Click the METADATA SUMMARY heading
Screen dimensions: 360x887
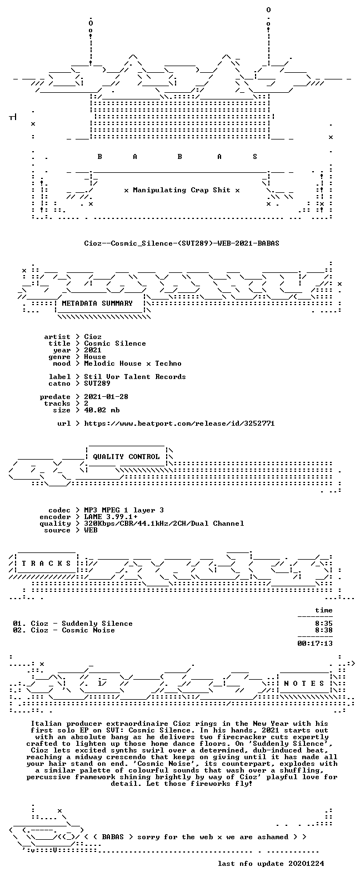[x=97, y=303]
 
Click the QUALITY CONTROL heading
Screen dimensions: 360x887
[x=126, y=457]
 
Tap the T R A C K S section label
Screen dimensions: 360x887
[x=46, y=564]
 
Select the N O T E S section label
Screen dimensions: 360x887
[x=304, y=684]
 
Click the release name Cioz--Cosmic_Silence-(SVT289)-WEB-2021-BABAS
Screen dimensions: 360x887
[x=181, y=243]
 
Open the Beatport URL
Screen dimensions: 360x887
[x=179, y=423]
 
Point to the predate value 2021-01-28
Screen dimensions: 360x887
[x=106, y=397]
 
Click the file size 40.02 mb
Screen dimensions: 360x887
[x=102, y=410]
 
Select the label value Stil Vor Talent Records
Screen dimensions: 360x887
[x=134, y=377]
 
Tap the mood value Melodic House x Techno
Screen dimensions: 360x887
[x=133, y=363]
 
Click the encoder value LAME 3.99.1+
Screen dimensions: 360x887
[x=111, y=517]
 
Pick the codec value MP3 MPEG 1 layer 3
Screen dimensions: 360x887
[x=124, y=510]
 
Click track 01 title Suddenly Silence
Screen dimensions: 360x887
[x=97, y=624]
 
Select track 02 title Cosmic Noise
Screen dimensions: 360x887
[x=88, y=630]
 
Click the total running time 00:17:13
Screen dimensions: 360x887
[x=315, y=644]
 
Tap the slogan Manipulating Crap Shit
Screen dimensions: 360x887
[x=182, y=190]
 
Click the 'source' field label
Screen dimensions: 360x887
[x=57, y=530]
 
